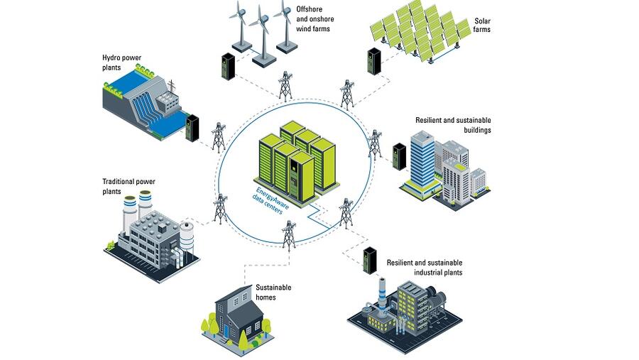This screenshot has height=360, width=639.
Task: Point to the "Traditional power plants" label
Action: pos(128,187)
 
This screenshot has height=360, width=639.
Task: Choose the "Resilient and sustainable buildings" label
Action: pos(453,125)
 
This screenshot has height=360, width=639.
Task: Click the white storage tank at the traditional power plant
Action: pos(187,235)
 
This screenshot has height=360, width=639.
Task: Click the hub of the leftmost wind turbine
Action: pos(237,18)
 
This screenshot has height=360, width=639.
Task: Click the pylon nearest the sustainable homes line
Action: pos(289,234)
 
